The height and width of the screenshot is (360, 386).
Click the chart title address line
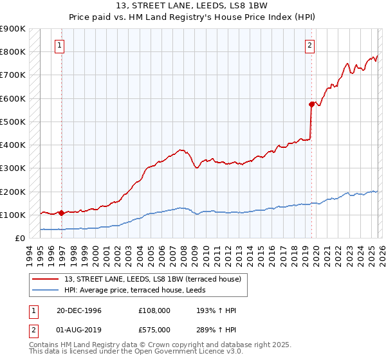click(x=192, y=6)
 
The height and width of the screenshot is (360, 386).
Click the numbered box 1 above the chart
click(x=59, y=45)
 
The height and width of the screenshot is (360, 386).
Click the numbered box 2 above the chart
click(x=310, y=45)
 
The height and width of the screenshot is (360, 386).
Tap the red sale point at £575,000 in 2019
click(x=311, y=104)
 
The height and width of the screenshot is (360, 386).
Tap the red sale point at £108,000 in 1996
click(x=62, y=213)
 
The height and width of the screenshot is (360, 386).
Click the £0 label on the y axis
click(x=19, y=238)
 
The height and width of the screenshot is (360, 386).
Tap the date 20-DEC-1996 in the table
click(x=79, y=311)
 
